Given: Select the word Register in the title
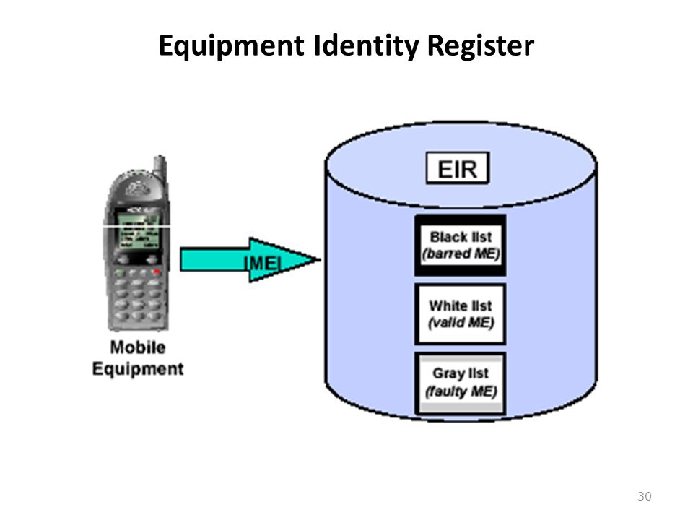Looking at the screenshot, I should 481,46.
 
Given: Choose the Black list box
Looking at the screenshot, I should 459,245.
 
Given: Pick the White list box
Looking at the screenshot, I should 459,313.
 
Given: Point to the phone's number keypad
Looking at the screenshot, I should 138,300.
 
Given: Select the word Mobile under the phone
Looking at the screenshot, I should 137,347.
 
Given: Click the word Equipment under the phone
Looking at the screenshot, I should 137,368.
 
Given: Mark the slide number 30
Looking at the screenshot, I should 645,496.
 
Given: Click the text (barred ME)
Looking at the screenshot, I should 459,254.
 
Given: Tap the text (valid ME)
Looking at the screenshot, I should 459,323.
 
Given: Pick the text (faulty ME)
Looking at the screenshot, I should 459,392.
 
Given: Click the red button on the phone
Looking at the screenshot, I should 154,271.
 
